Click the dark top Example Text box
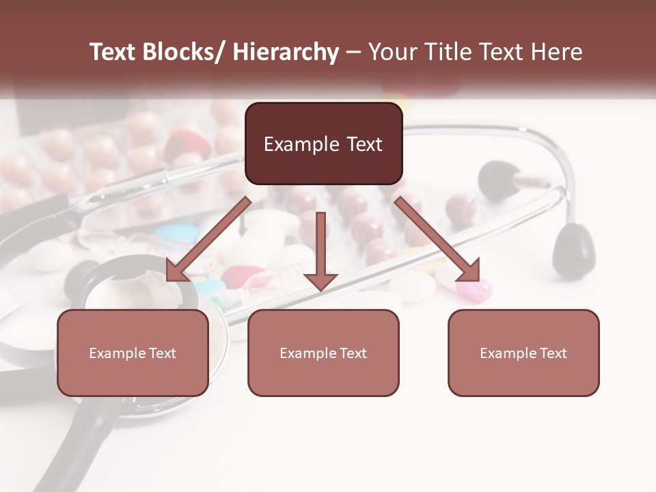pyautogui.click(x=323, y=143)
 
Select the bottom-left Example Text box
pyautogui.click(x=133, y=353)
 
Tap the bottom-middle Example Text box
pyautogui.click(x=323, y=353)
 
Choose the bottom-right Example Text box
pyautogui.click(x=523, y=353)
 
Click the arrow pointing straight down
pyautogui.click(x=320, y=250)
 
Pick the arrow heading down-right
pyautogui.click(x=437, y=239)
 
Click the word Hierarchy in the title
pyautogui.click(x=285, y=52)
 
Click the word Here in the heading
pyautogui.click(x=556, y=52)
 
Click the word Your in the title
pyautogui.click(x=391, y=52)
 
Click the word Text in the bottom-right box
pyautogui.click(x=553, y=353)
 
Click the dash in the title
pyautogui.click(x=353, y=52)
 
